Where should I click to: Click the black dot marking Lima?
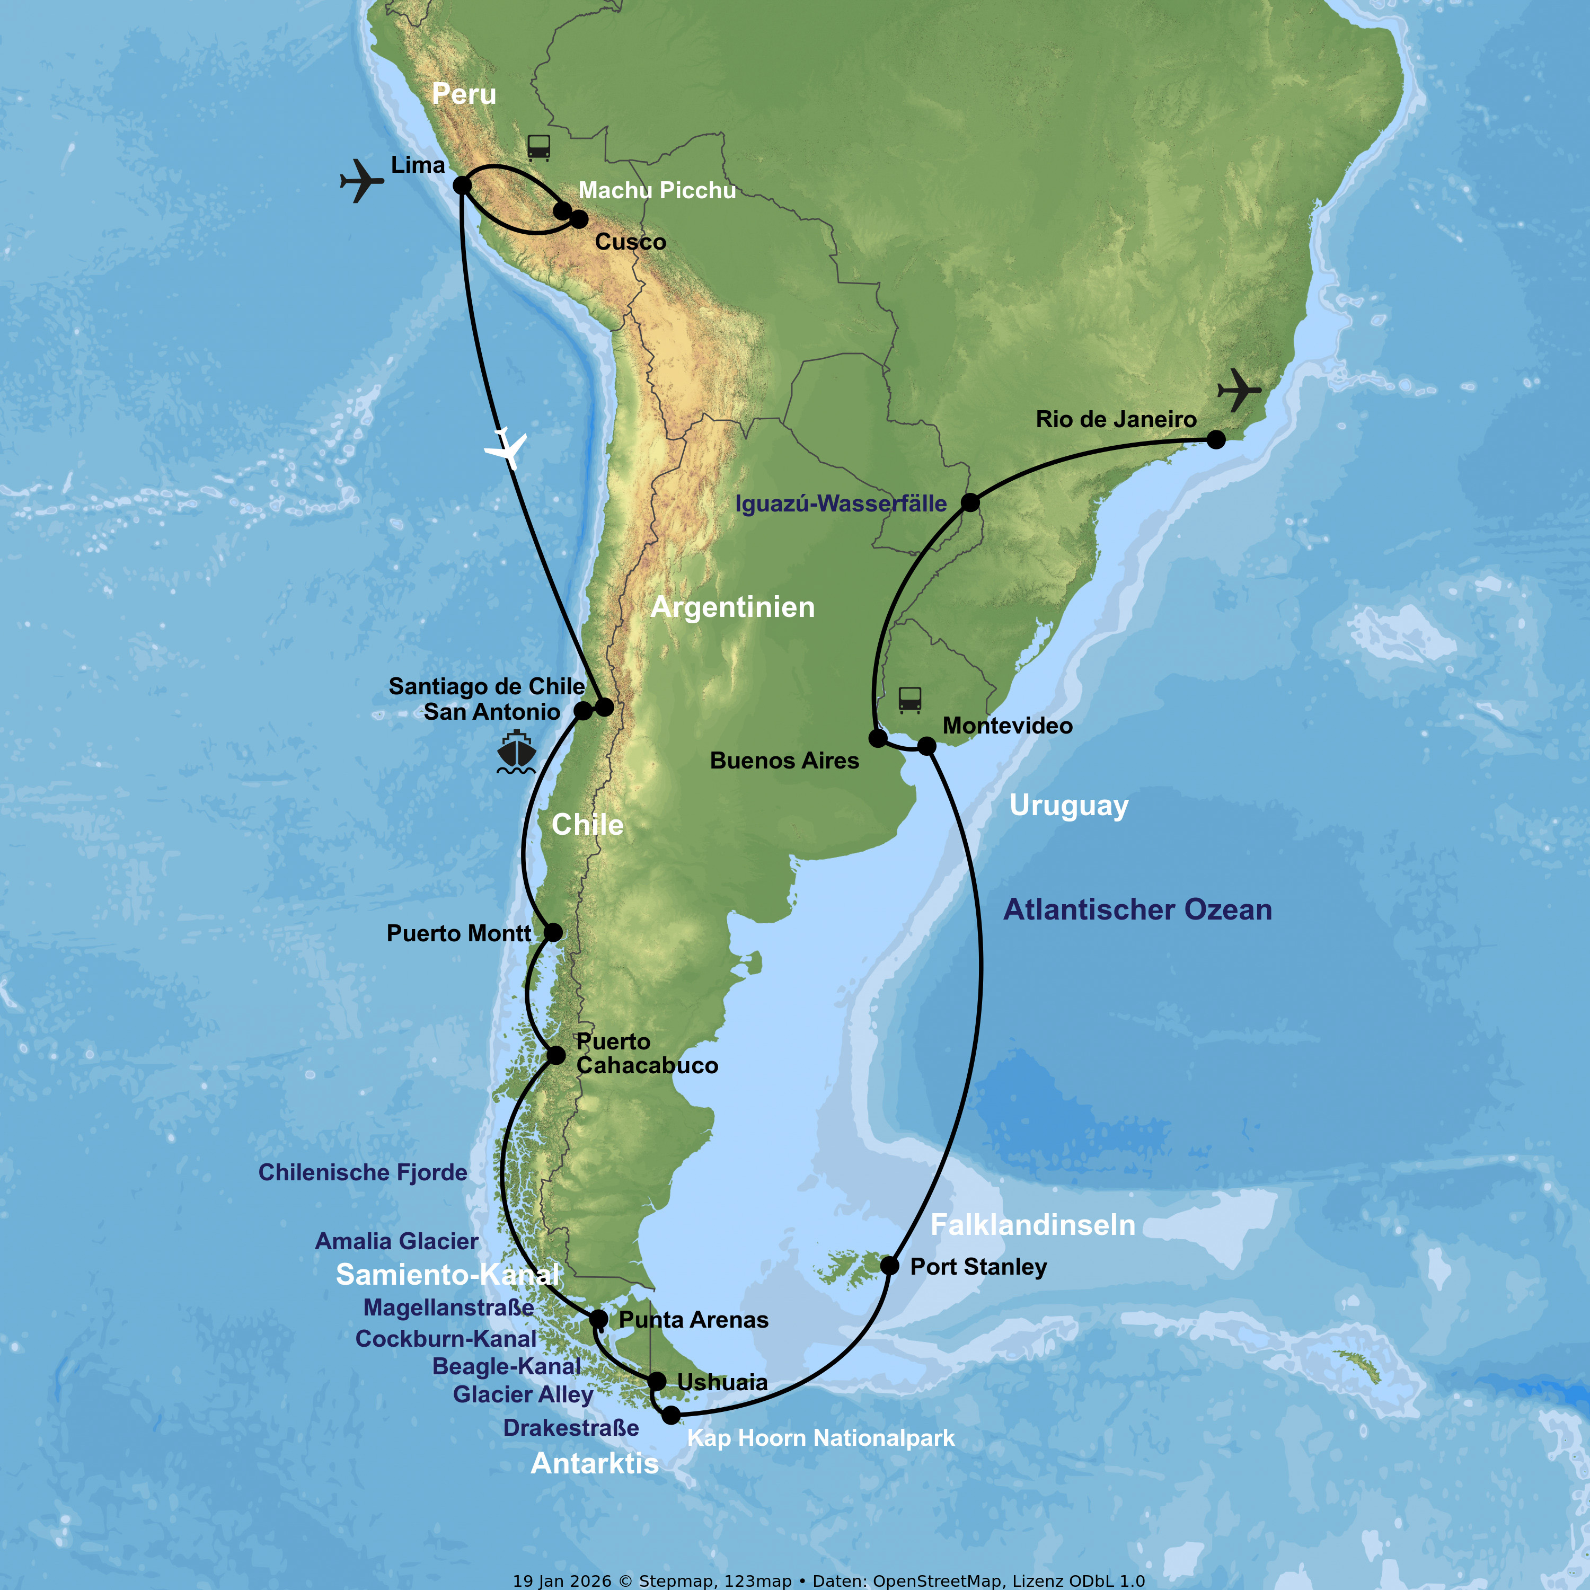tap(463, 185)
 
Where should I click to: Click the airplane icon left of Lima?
tap(361, 180)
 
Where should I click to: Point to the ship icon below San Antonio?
tap(516, 752)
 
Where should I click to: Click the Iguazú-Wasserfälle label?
tap(840, 503)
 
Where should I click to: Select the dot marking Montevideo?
tap(926, 746)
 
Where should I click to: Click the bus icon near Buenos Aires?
tap(909, 700)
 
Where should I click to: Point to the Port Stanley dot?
tap(890, 1265)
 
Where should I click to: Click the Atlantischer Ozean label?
tap(1137, 909)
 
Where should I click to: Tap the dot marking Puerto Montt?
tap(553, 932)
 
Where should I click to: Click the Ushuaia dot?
tap(657, 1381)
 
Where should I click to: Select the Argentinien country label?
tap(732, 607)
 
